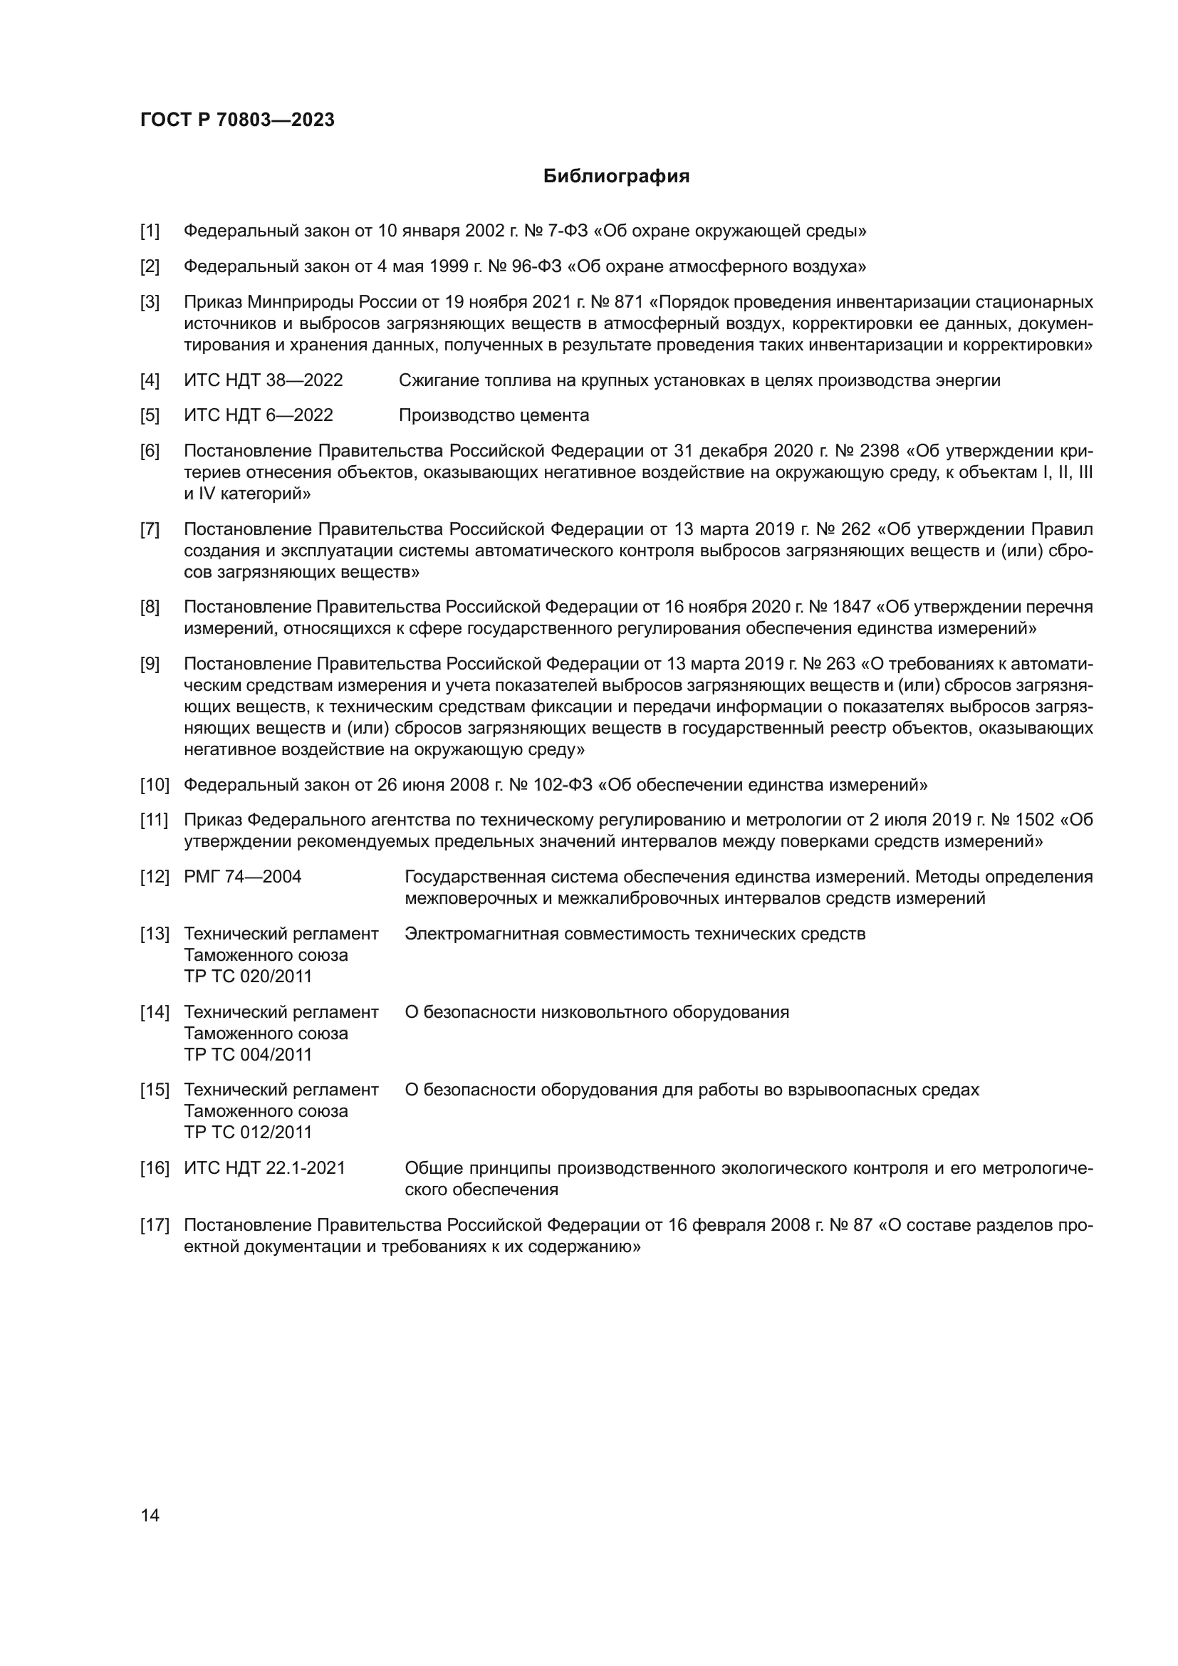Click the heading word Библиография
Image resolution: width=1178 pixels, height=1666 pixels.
tap(616, 177)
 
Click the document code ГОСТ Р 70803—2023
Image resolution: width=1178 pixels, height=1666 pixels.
tap(237, 120)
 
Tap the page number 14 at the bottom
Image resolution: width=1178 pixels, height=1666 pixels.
tap(150, 1515)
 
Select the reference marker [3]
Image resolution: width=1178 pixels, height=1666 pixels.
tap(150, 303)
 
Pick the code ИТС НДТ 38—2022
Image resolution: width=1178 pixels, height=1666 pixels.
tap(263, 380)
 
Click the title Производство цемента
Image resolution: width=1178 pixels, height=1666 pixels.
tap(494, 416)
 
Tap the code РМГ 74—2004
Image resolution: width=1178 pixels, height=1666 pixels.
tap(242, 878)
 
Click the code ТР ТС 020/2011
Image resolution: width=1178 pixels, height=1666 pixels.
tap(247, 977)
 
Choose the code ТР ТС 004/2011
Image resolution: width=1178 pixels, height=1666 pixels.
tap(247, 1055)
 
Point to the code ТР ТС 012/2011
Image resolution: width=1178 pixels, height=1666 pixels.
tap(247, 1133)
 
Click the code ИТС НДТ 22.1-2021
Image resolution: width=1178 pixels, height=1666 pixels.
tap(264, 1168)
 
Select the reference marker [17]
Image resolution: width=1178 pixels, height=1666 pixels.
tap(154, 1226)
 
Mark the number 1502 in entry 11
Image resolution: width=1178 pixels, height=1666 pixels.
tap(1033, 820)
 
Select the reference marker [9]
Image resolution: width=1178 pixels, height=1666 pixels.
tap(150, 664)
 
